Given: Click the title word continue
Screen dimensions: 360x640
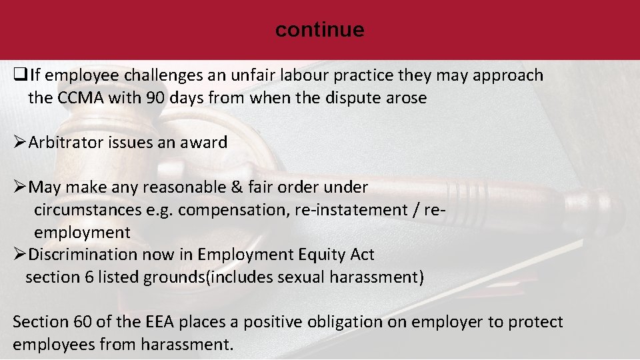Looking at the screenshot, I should click(x=319, y=29).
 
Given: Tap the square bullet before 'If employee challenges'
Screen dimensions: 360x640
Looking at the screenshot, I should click(x=19, y=75).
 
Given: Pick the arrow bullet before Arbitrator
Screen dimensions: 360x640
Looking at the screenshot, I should click(x=20, y=143).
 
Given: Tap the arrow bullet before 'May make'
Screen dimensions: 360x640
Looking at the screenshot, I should click(x=20, y=187).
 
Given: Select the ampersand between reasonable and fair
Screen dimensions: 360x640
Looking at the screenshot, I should click(x=237, y=187).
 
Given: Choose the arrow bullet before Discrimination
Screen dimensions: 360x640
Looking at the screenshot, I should click(x=20, y=255).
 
